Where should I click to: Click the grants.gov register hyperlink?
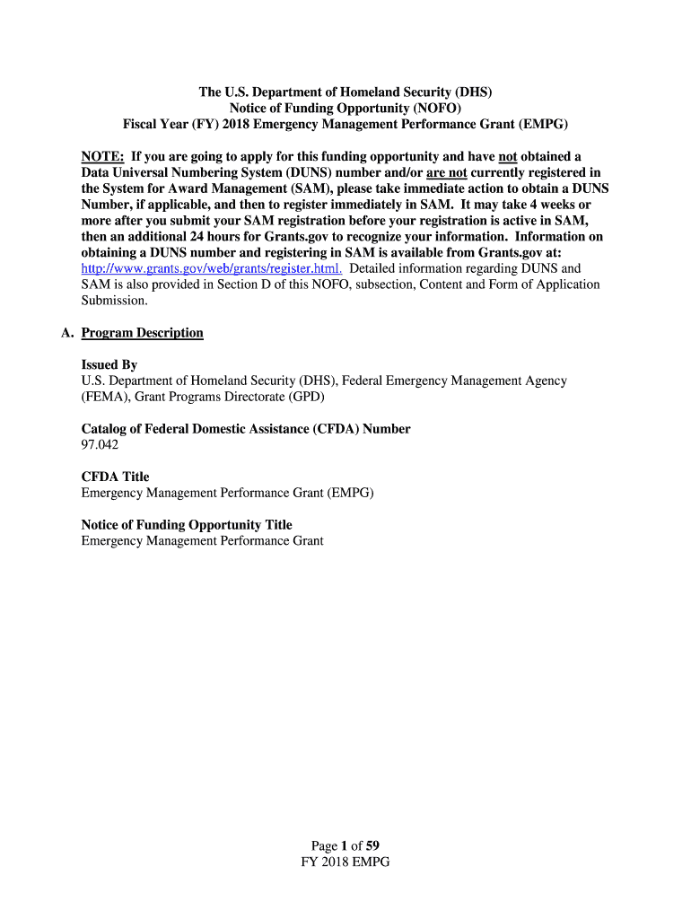[212, 268]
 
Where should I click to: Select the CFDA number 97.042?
[100, 444]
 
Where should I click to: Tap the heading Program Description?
[142, 333]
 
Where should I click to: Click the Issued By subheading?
[109, 365]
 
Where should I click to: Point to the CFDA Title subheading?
[115, 477]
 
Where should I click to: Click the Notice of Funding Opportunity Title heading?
[187, 525]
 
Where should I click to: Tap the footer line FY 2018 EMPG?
[345, 862]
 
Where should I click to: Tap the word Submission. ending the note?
[113, 301]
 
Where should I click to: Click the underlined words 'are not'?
[447, 172]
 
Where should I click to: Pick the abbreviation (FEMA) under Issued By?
[104, 397]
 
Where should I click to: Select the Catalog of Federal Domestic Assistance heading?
[246, 429]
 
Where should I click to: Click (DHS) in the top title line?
[473, 92]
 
